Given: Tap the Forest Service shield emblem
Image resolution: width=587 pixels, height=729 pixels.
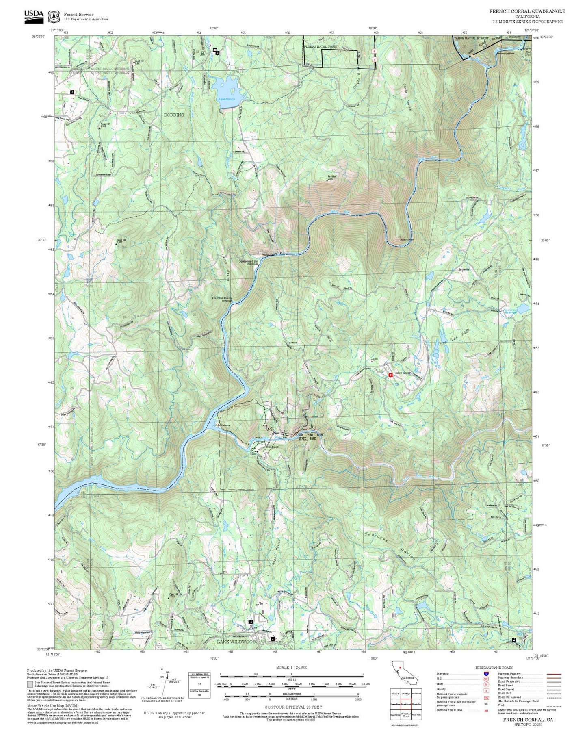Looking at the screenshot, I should [x=53, y=16].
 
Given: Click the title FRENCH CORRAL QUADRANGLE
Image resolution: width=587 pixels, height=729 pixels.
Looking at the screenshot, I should [x=527, y=11].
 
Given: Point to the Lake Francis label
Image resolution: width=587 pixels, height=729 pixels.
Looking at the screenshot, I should [x=227, y=99].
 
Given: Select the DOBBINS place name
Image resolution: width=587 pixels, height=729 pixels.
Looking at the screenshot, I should [x=174, y=115].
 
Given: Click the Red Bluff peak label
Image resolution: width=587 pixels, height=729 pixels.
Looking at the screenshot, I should [x=333, y=176].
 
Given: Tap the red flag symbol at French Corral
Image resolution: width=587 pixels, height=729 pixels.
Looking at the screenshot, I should [x=390, y=375].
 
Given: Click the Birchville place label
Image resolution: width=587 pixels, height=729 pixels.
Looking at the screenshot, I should [x=464, y=269].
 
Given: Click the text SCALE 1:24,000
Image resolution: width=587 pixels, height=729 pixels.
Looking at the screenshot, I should [x=291, y=667].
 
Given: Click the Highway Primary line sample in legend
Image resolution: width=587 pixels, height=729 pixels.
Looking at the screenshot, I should [x=554, y=674].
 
